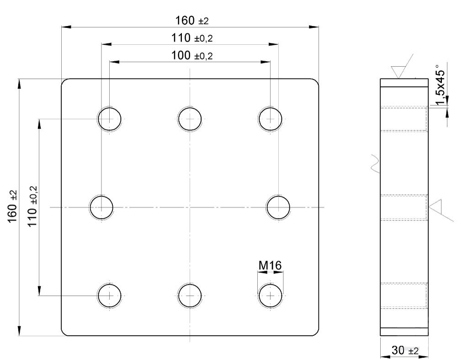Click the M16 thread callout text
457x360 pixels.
tap(270, 265)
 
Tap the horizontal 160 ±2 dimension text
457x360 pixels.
tap(192, 21)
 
